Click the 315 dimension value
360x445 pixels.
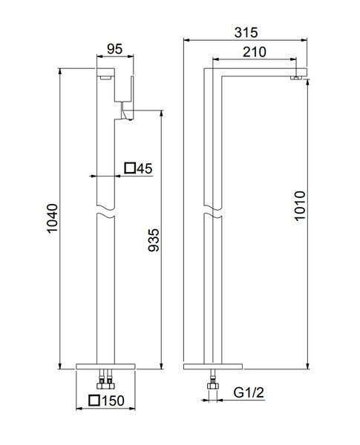[x=246, y=33]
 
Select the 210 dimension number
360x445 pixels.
[x=255, y=52]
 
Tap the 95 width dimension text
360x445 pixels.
[x=115, y=49]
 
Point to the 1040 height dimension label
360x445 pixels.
[x=52, y=218]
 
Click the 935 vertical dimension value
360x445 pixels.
[x=154, y=240]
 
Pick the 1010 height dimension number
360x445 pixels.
[x=300, y=205]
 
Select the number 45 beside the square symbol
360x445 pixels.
[x=144, y=168]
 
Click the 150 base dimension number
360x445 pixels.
[x=113, y=400]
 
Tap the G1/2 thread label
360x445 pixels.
[x=249, y=393]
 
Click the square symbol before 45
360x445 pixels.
[x=130, y=168]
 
